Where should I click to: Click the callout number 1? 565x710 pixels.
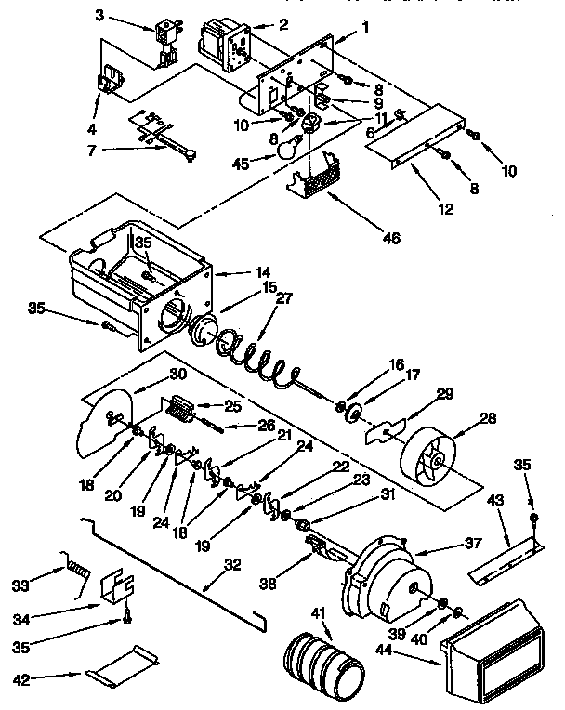coord(365,27)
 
